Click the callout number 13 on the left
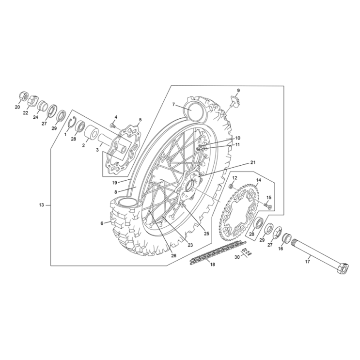pos(42,205)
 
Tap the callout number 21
pos(252,163)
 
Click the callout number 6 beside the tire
pos(102,223)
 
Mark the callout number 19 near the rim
pos(114,183)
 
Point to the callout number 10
pos(237,138)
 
